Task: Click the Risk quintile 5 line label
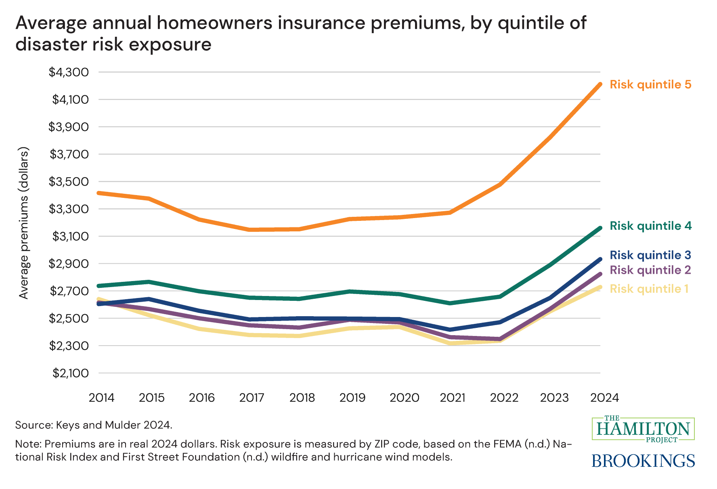coord(650,85)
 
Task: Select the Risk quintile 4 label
coord(650,226)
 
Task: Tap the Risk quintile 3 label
coord(650,255)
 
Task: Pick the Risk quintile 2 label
coord(650,270)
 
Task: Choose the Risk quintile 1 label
coord(649,289)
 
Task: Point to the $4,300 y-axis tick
coord(69,72)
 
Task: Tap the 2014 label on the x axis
coord(101,398)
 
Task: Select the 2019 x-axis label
coord(352,398)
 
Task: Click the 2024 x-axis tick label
coord(604,398)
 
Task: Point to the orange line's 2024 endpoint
coord(600,84)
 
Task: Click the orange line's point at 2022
coord(500,185)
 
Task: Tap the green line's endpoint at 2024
coord(600,228)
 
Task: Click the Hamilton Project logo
coord(643,429)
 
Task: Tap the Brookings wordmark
coord(643,460)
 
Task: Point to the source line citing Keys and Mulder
coord(94,425)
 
